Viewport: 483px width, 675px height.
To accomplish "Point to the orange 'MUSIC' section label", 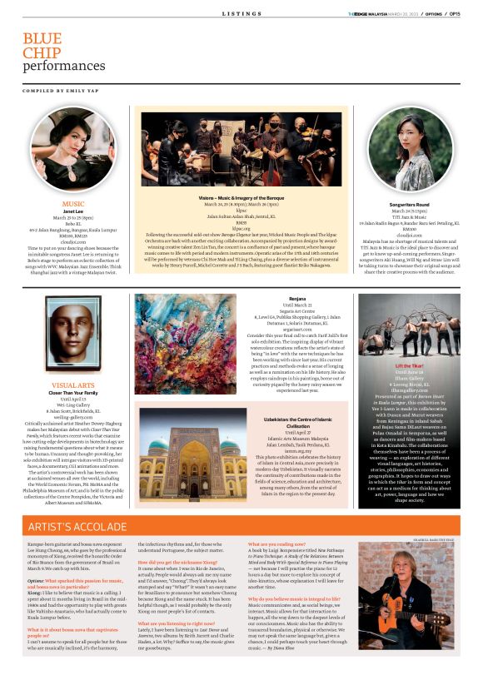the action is pyautogui.click(x=73, y=203).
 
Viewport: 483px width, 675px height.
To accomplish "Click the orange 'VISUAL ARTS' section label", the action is pyautogui.click(x=73, y=386).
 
